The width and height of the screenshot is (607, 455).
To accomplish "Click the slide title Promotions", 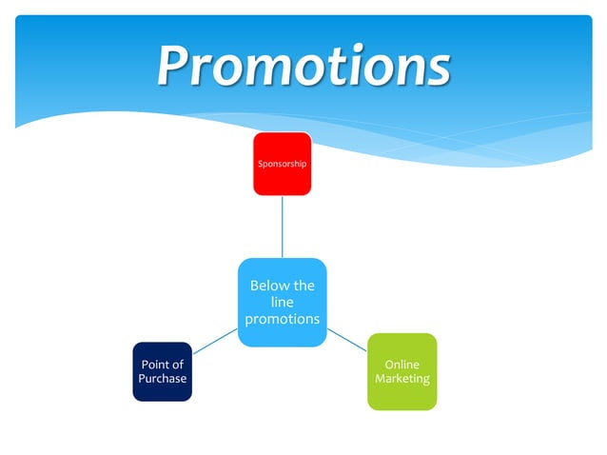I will tap(303, 67).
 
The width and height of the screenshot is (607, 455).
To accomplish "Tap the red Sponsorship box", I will tap(282, 164).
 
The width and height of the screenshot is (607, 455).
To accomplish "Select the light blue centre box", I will tap(282, 302).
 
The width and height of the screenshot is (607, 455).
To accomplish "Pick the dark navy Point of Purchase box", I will tap(162, 371).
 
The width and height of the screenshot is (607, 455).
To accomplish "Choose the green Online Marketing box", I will tap(401, 371).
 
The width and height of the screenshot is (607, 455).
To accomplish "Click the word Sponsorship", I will tap(282, 164).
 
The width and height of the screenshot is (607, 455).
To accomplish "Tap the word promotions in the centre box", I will tap(282, 319).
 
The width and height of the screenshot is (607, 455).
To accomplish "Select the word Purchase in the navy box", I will tap(162, 379).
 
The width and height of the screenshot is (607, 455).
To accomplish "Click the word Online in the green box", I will tap(401, 364).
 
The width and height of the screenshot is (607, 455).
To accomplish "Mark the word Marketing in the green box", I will tap(401, 379).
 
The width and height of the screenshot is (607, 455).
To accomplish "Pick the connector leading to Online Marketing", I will tap(348, 339).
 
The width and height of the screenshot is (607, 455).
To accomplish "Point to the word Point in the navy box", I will tap(155, 364).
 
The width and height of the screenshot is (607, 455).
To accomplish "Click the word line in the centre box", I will tap(282, 302).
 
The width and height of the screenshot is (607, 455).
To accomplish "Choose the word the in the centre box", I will tap(303, 286).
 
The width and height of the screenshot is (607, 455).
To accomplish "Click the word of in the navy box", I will tap(178, 364).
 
